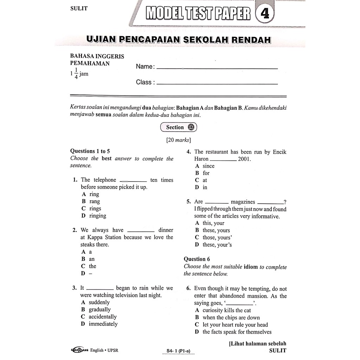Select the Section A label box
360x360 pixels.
coord(179,127)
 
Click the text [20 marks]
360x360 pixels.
coord(179,140)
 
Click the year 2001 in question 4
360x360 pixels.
coord(244,159)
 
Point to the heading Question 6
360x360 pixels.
coord(197,259)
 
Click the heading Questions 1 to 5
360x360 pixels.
coord(90,151)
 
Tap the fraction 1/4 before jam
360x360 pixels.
coord(76,74)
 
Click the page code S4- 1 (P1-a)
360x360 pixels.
coord(181,351)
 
